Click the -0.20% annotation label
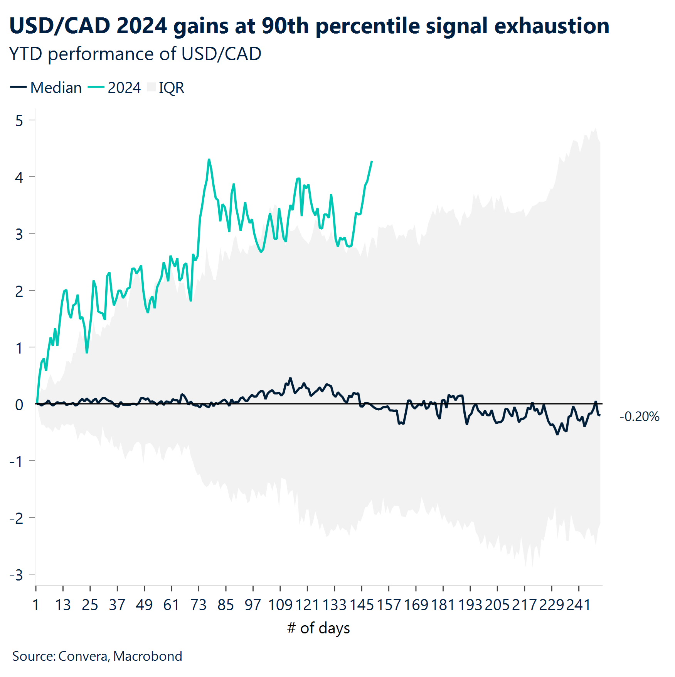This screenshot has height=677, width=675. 639,417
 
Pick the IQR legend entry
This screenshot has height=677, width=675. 166,88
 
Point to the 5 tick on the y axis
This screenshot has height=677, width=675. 19,121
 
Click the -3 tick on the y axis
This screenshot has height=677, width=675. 17,575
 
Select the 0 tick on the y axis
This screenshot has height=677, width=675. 19,405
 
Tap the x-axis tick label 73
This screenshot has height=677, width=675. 199,605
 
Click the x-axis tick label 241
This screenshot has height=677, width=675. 578,605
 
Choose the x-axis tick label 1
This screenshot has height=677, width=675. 36,605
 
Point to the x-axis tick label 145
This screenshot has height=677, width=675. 361,605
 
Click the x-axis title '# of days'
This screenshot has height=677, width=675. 318,628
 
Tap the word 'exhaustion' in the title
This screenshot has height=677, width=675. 551,26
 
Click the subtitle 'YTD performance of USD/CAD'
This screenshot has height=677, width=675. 135,54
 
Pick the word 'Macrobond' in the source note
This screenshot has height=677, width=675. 148,656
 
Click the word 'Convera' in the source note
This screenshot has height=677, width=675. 83,656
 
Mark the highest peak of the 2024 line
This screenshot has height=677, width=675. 209,159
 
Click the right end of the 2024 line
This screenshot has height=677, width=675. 372,161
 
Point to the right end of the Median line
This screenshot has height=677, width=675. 600,415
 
